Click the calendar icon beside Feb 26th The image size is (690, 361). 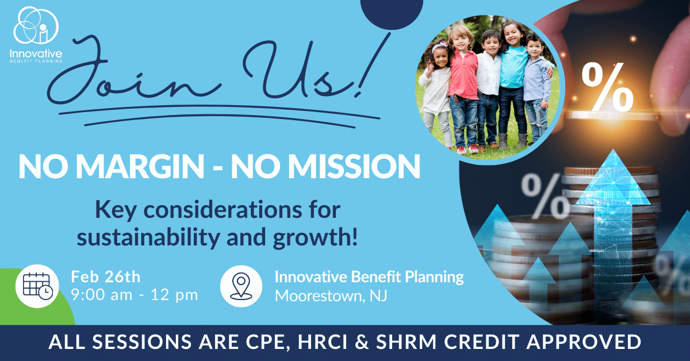coord(37,286)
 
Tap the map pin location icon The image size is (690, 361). coord(241,286)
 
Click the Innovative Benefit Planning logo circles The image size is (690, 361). coord(36,25)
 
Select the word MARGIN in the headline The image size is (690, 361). coord(140,166)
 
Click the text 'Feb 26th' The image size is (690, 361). coord(106,276)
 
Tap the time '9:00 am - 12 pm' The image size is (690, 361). coord(135,295)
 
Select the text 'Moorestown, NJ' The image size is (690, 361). coord(331,295)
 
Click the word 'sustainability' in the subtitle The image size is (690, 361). coord(148,239)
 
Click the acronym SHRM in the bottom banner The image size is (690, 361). coord(406,342)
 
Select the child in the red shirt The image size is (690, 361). coord(463,89)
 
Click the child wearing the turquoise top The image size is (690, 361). coord(513,83)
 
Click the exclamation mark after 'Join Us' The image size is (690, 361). coord(372,66)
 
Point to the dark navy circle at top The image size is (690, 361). coord(392,12)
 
